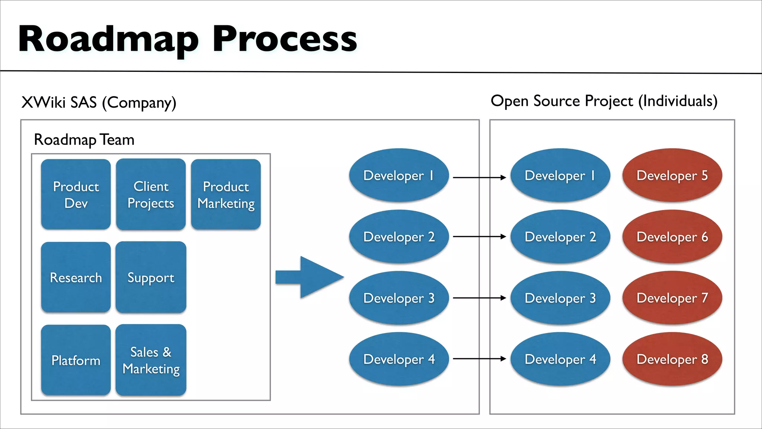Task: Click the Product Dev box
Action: (76, 194)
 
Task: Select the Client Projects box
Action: (151, 194)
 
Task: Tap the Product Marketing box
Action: (226, 194)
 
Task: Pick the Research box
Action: (76, 277)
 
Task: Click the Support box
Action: (151, 277)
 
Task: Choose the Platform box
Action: (76, 360)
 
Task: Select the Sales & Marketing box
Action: (151, 360)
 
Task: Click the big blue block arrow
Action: (313, 277)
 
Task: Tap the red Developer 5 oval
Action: (672, 175)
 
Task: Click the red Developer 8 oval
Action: (672, 359)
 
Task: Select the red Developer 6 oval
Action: (672, 237)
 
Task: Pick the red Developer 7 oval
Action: (672, 298)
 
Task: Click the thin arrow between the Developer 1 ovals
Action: (479, 178)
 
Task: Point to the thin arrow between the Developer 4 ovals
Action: (479, 359)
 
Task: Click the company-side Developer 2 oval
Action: (399, 237)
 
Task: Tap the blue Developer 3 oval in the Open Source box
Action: (560, 298)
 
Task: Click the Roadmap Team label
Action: (84, 140)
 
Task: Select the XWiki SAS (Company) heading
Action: (99, 102)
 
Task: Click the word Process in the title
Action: (285, 39)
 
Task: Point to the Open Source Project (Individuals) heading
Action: (604, 101)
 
